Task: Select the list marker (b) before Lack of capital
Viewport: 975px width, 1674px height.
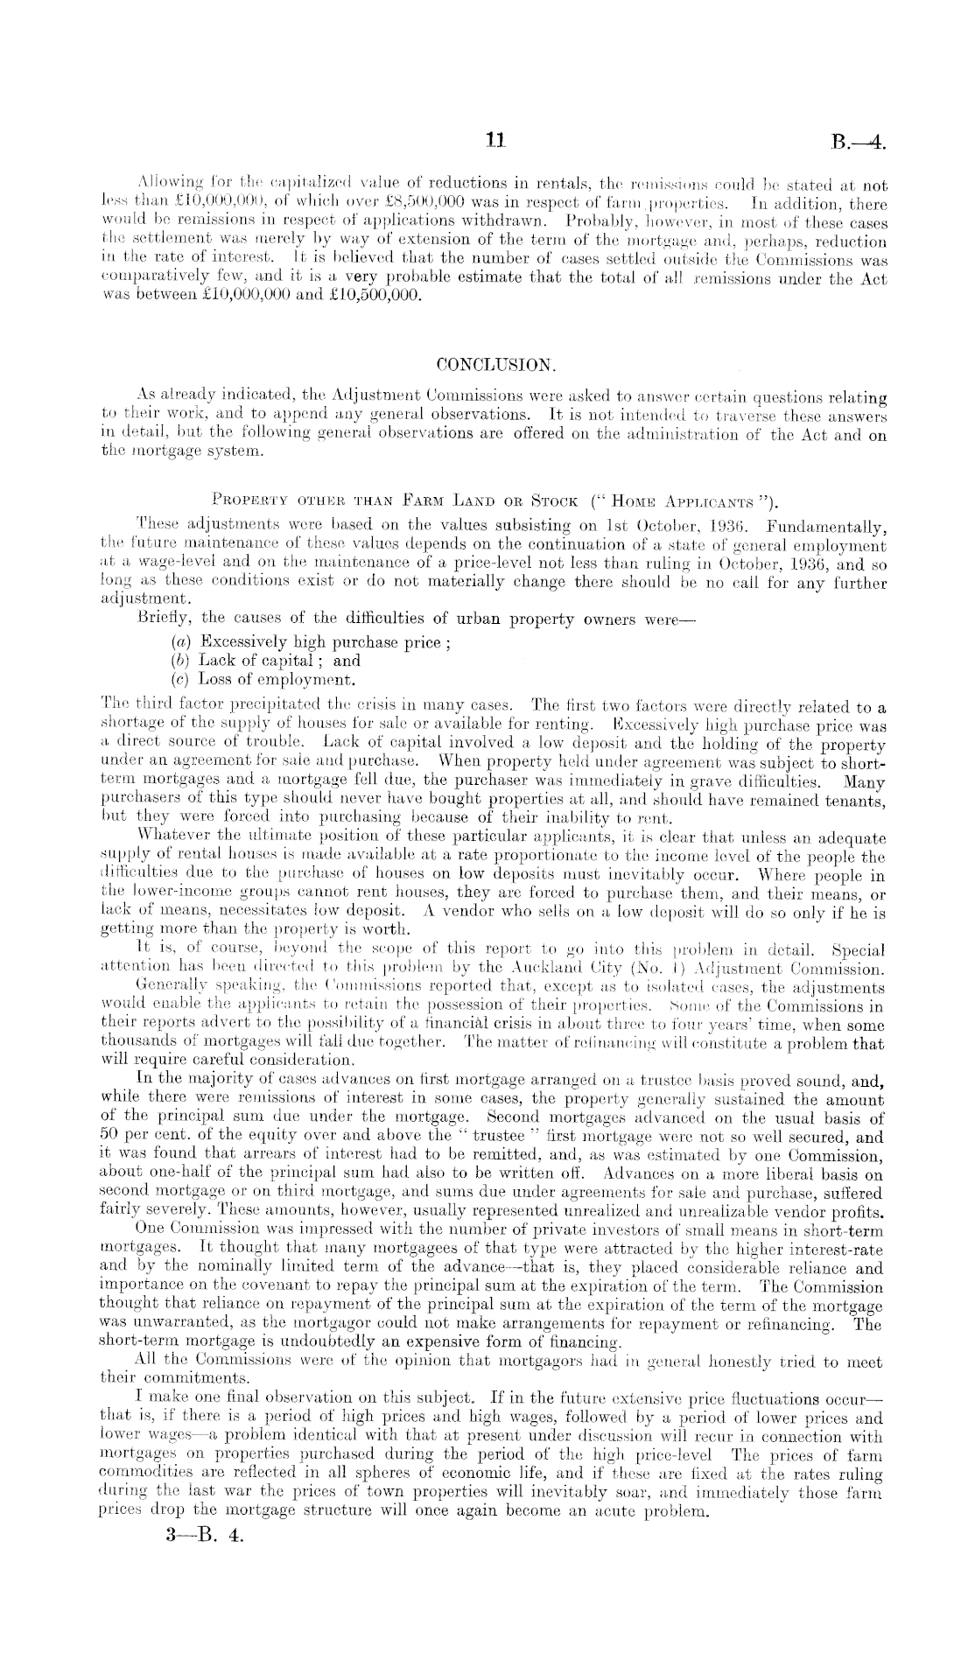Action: [x=182, y=661]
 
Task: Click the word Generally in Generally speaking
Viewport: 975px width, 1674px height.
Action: [x=169, y=987]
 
